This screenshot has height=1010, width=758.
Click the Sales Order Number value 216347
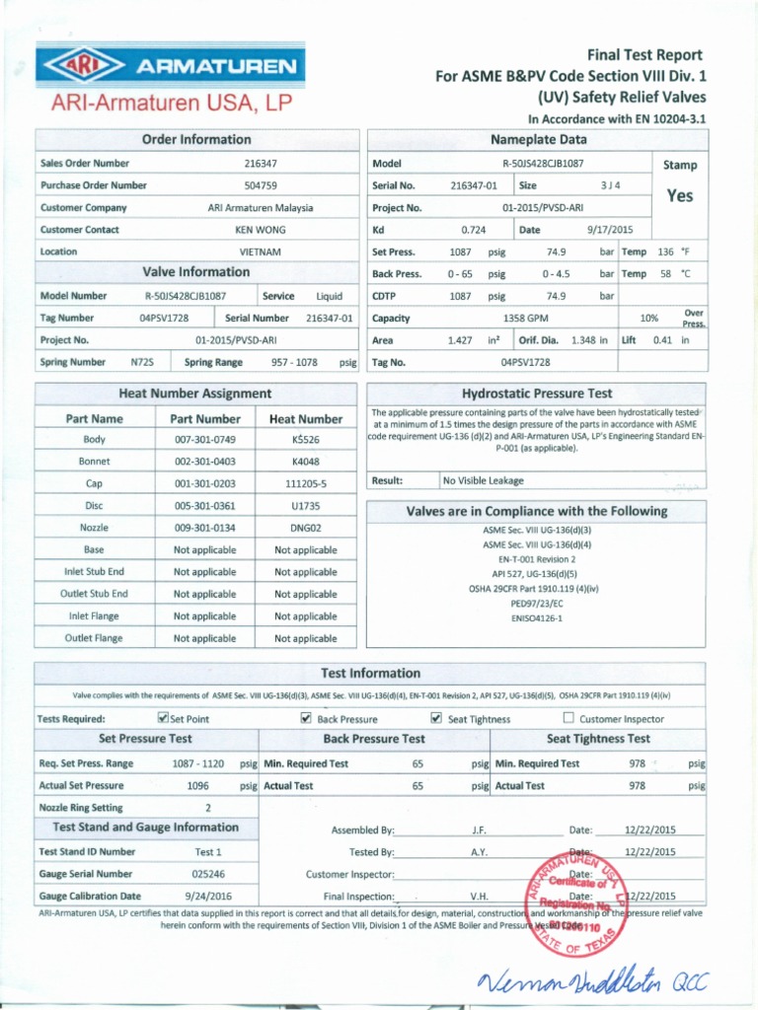coord(261,164)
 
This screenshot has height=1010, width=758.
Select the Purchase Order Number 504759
coord(261,185)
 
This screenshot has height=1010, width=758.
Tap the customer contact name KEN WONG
coord(261,230)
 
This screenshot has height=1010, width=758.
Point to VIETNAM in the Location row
coord(261,252)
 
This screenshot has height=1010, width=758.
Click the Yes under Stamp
coord(680,195)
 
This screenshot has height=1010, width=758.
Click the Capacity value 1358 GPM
coord(528,319)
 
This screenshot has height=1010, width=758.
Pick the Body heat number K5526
coord(306,439)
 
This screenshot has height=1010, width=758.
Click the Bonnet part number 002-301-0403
coord(204,461)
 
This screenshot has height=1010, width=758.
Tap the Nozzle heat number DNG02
coord(306,528)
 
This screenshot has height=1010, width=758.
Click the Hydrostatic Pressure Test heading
coord(537,393)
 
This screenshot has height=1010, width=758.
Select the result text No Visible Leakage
coord(484,480)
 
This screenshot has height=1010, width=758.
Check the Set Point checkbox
coord(163,718)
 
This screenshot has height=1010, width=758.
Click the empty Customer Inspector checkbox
coord(568,718)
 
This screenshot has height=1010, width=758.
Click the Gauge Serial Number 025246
coord(208,874)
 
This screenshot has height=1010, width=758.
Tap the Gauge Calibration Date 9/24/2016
coord(208,897)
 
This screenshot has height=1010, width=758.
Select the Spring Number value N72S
coord(142,362)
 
